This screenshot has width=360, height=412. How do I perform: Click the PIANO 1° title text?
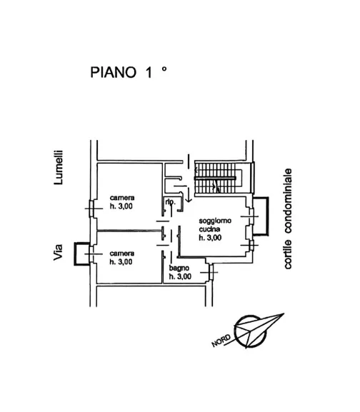[129, 72]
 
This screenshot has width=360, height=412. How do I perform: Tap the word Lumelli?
[59, 167]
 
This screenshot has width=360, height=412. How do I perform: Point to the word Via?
[58, 252]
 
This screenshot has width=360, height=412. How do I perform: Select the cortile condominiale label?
[288, 218]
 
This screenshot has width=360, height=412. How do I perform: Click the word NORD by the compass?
[221, 341]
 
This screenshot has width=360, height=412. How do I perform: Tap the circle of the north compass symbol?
[250, 331]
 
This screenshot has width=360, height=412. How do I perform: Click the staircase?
[218, 178]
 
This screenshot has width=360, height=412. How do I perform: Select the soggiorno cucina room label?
[215, 225]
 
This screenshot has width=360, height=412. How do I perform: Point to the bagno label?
[179, 268]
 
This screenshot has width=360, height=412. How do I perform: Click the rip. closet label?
[170, 202]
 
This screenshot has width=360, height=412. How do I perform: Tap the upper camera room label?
[122, 198]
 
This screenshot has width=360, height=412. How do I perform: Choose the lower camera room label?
[122, 253]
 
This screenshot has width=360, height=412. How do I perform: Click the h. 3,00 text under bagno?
[180, 276]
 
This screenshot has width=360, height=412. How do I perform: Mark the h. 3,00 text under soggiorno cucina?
[210, 238]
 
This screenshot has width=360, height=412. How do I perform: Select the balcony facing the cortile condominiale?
[261, 216]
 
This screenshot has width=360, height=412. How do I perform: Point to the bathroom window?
[210, 272]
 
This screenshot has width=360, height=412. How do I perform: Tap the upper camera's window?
[92, 208]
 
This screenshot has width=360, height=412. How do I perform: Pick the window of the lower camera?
[92, 253]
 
